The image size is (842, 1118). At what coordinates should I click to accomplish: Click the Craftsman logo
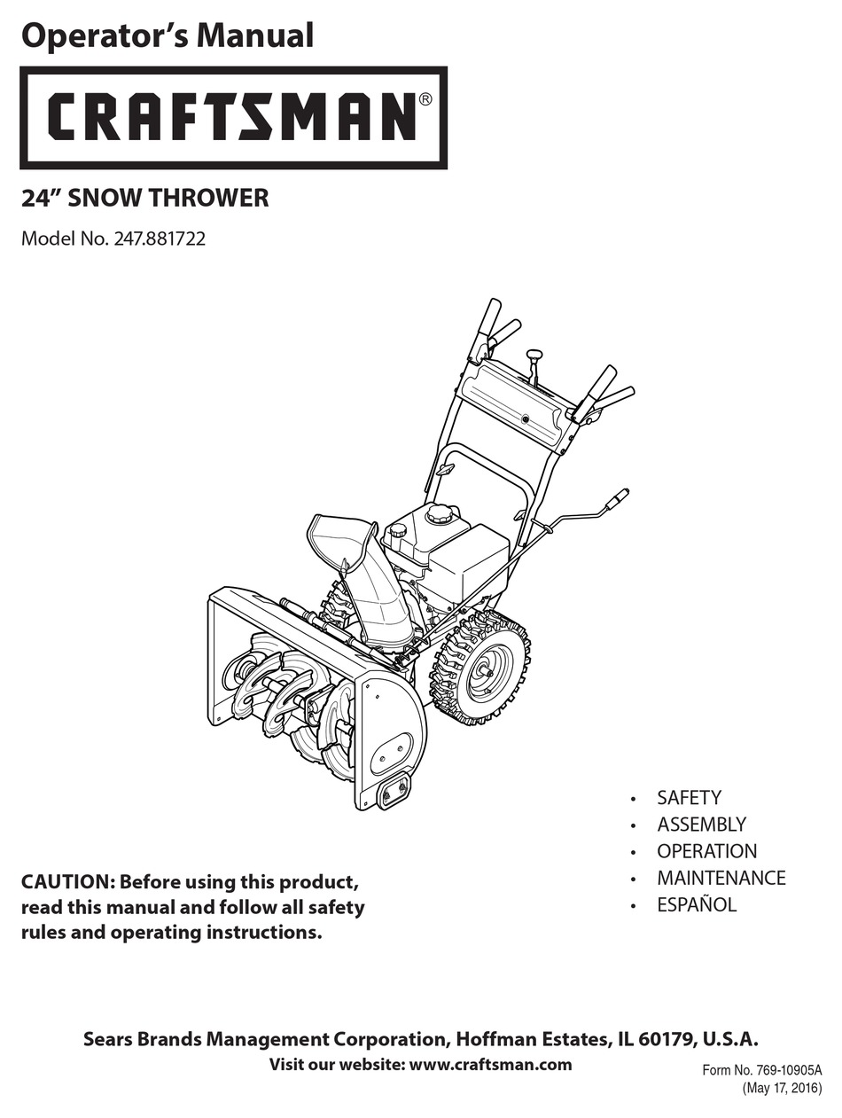pyautogui.click(x=233, y=118)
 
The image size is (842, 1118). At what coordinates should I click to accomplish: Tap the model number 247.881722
pyautogui.click(x=160, y=238)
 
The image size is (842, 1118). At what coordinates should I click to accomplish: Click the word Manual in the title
pyautogui.click(x=254, y=36)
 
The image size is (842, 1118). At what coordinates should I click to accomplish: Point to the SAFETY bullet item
pyautogui.click(x=689, y=798)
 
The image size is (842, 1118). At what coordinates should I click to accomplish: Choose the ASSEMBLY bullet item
pyautogui.click(x=701, y=825)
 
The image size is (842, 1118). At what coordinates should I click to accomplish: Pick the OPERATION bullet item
pyautogui.click(x=706, y=852)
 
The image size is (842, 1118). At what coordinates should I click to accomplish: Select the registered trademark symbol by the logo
pyautogui.click(x=425, y=99)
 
